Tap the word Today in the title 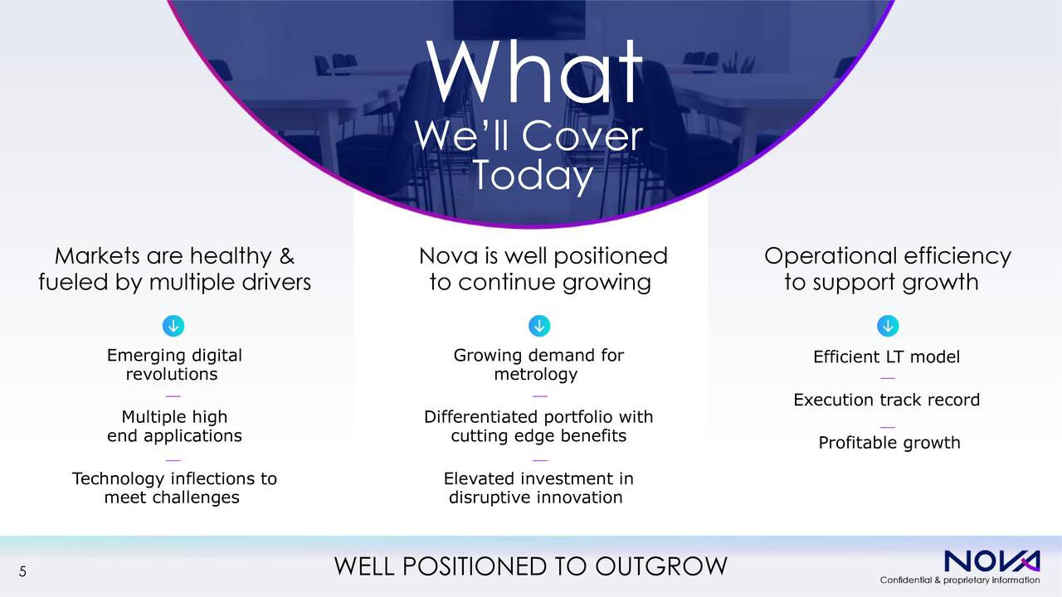tap(533, 175)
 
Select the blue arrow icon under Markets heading tap(173, 326)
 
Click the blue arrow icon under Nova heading tap(539, 326)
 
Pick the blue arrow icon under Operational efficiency tap(888, 326)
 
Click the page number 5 tap(22, 572)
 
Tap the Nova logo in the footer tap(992, 561)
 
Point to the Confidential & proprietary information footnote tap(960, 580)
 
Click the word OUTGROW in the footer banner tap(661, 566)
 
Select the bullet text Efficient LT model tap(887, 357)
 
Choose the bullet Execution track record tap(887, 400)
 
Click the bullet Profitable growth tap(889, 443)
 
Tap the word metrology tap(536, 374)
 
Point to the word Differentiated tap(481, 417)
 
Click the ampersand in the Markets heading tap(287, 256)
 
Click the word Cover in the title tap(582, 137)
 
